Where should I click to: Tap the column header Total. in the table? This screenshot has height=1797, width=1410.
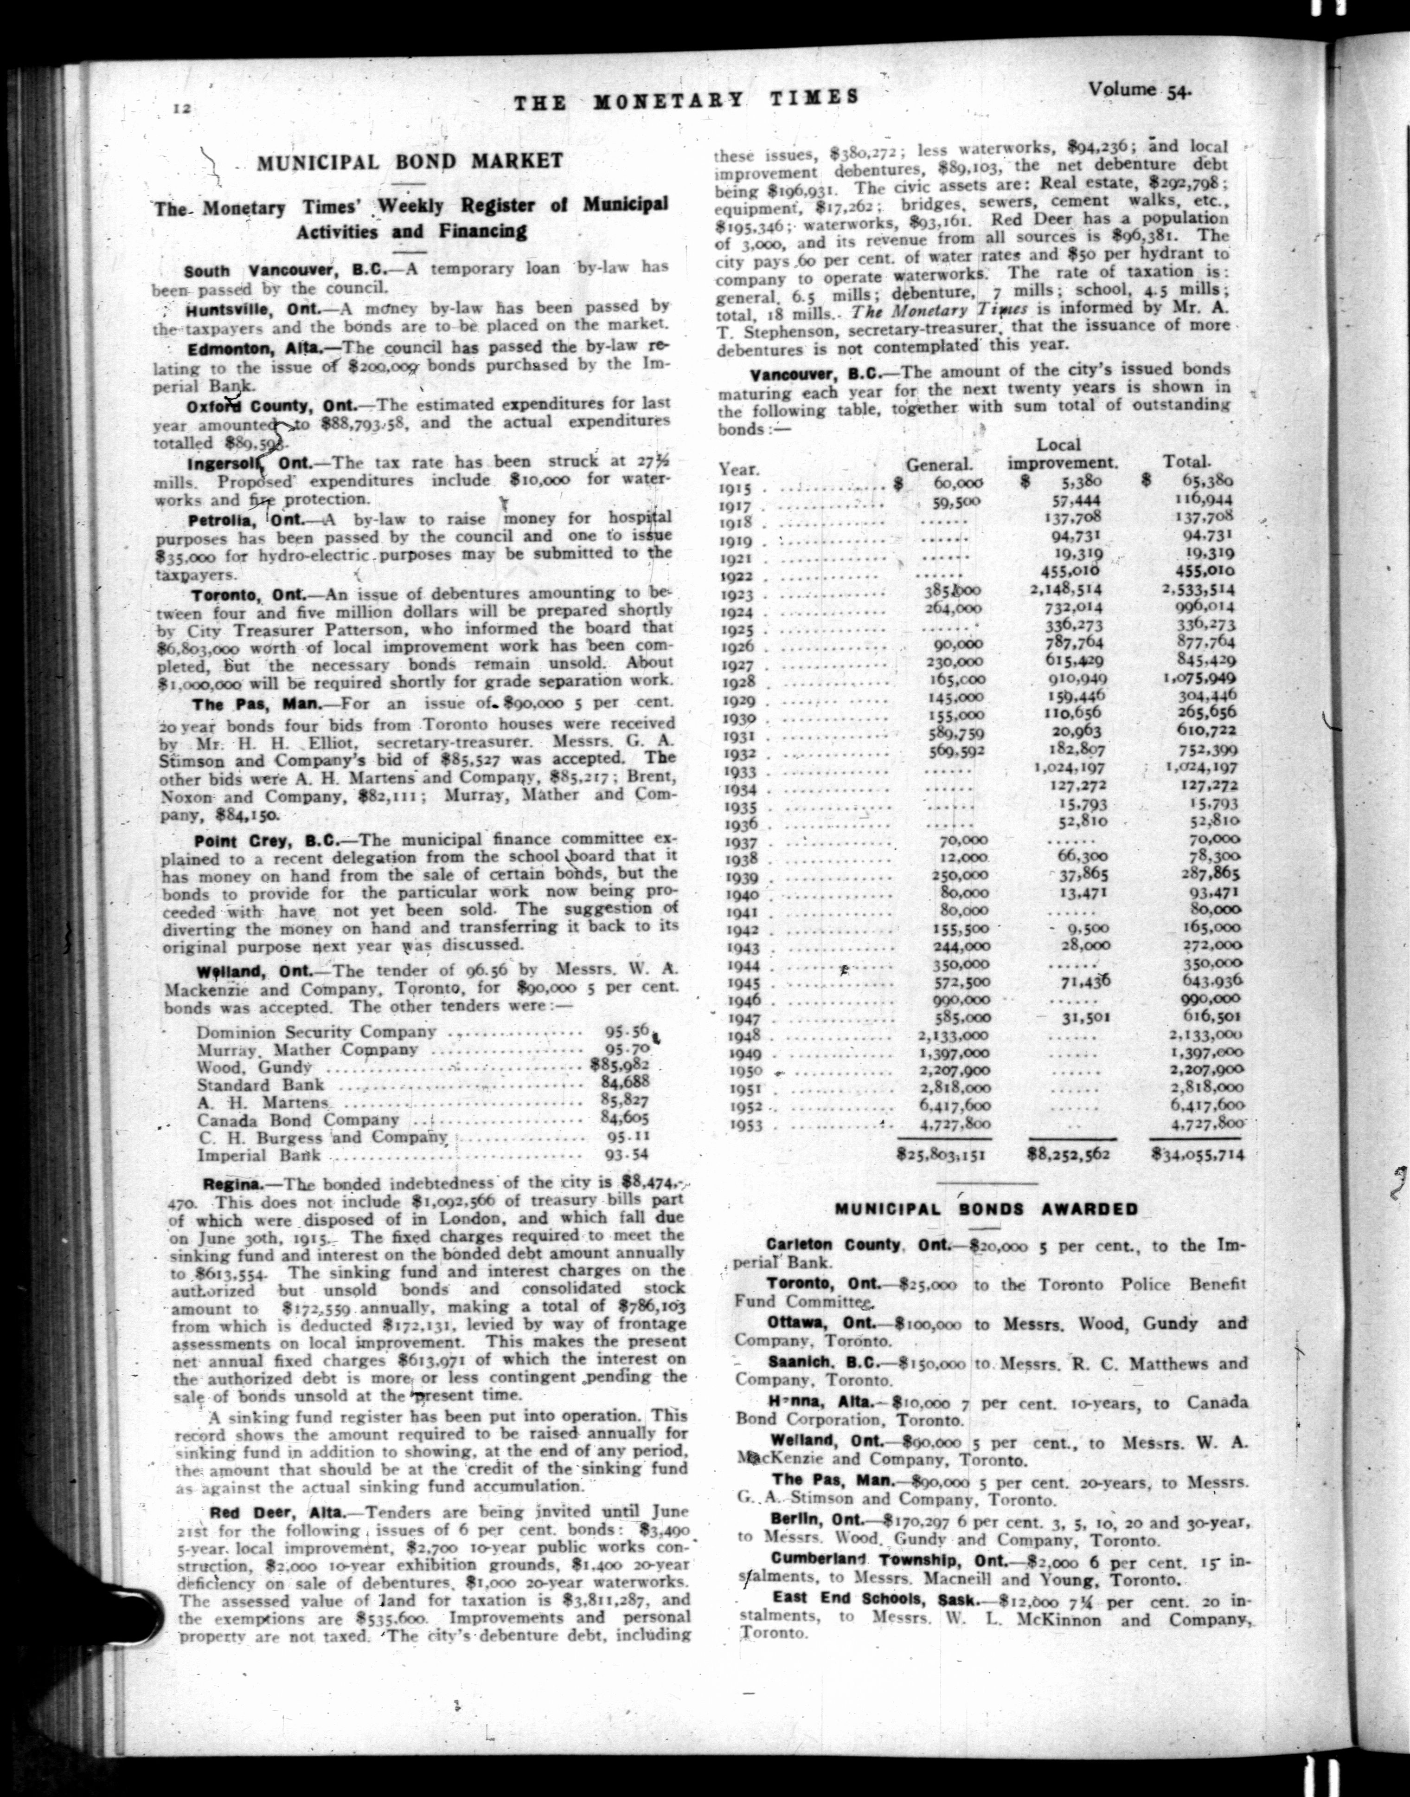(1186, 462)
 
